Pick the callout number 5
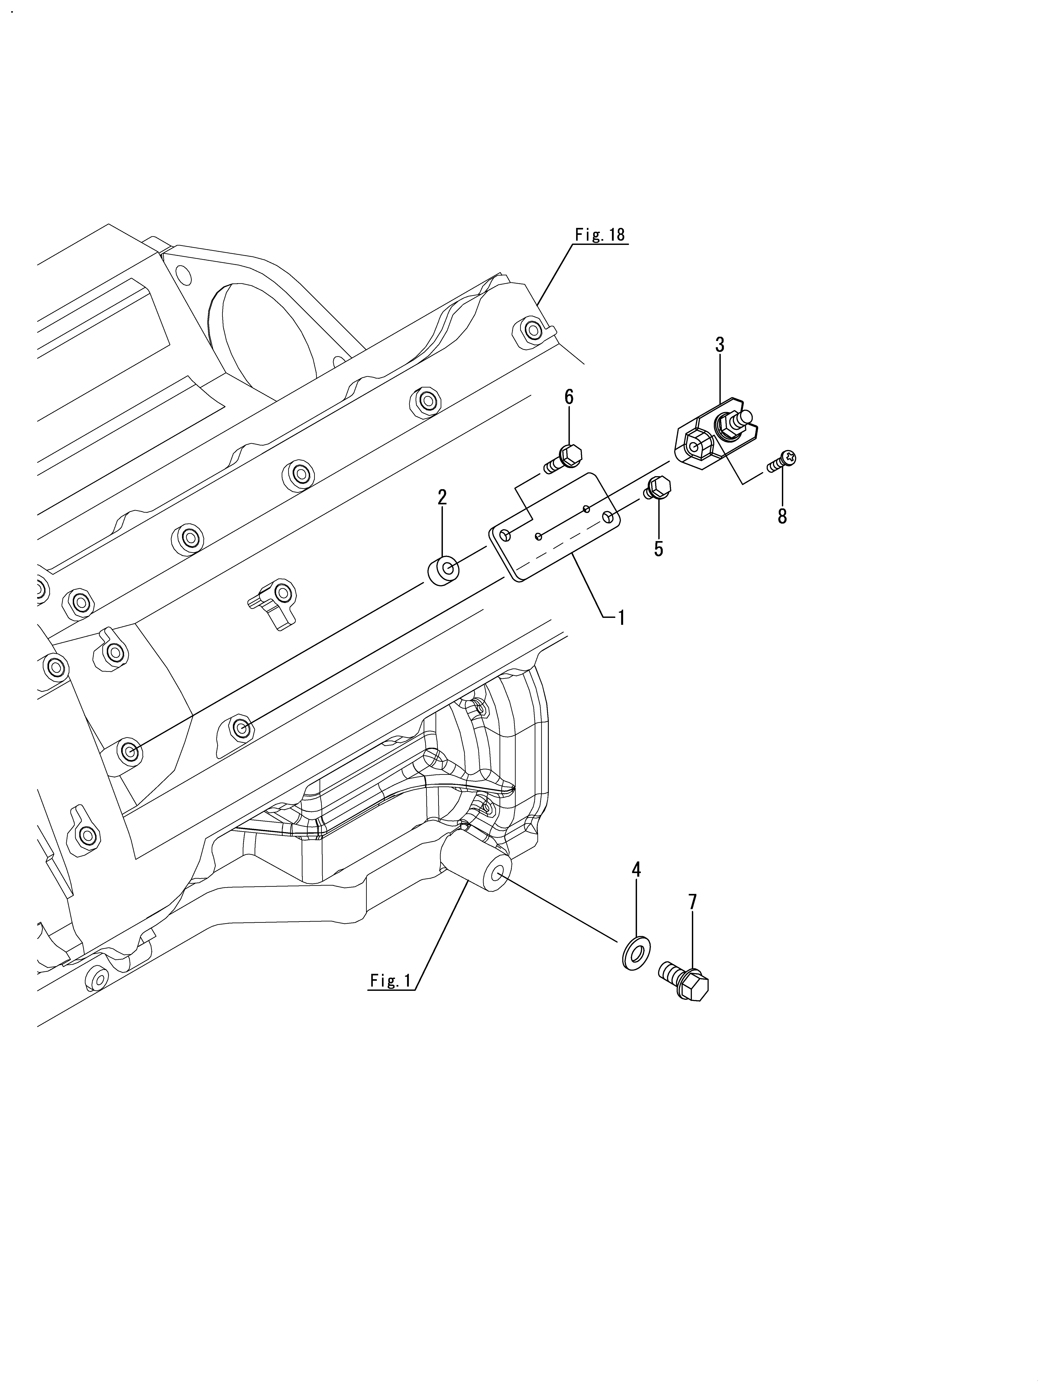click(658, 549)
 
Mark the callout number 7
click(693, 902)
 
